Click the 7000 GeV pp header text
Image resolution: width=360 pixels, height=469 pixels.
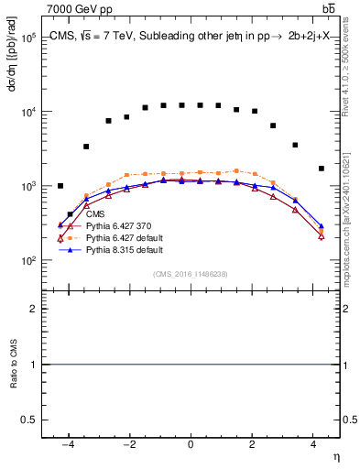[80, 9]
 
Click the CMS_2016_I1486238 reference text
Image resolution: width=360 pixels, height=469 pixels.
[191, 274]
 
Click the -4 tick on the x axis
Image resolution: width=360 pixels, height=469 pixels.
[68, 445]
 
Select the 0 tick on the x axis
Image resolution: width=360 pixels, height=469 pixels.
[191, 445]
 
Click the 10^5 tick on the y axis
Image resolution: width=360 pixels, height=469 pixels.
[27, 39]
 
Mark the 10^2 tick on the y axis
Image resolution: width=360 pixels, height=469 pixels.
[27, 261]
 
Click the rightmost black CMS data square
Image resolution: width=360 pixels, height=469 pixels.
[321, 169]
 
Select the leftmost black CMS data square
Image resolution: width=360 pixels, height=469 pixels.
[60, 186]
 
